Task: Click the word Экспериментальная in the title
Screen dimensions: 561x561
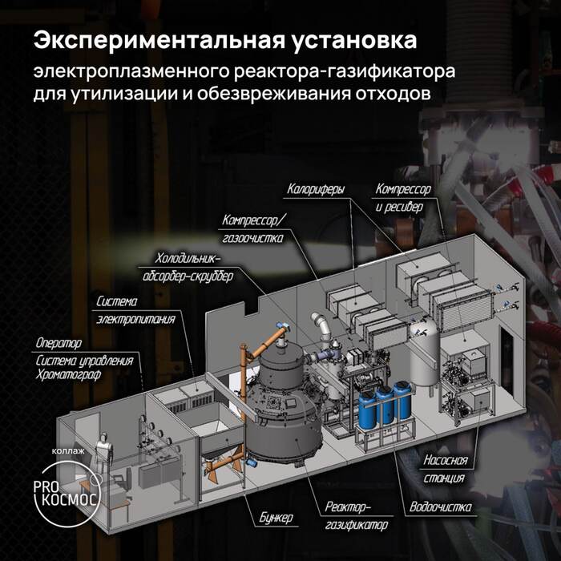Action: (x=159, y=41)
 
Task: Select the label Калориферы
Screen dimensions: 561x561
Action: (x=316, y=189)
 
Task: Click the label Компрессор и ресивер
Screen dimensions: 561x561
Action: (x=403, y=198)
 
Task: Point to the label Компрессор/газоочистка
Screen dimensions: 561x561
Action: (x=253, y=229)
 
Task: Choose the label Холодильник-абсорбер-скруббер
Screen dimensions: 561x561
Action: (x=188, y=267)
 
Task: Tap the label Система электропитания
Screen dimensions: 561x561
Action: (x=135, y=310)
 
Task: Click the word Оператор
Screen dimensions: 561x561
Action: (x=59, y=343)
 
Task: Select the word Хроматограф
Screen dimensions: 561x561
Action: (x=68, y=375)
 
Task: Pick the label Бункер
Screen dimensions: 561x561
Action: (x=276, y=518)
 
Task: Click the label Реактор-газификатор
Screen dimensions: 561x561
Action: (x=357, y=516)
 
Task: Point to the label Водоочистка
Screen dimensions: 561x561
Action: (x=441, y=507)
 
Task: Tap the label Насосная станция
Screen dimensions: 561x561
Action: (x=446, y=469)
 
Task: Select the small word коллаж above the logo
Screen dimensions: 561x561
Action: (x=68, y=450)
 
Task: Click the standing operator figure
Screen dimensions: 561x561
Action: (x=103, y=454)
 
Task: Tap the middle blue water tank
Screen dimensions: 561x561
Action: (x=385, y=407)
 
